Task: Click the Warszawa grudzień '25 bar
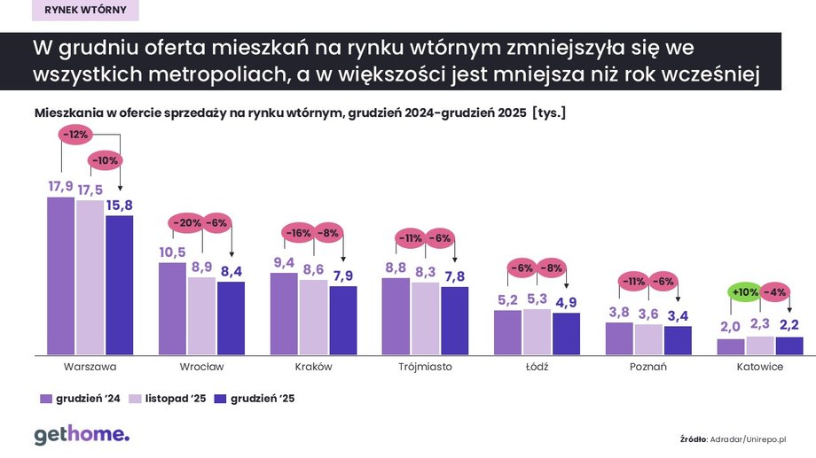click(119, 284)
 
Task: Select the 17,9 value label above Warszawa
click(60, 186)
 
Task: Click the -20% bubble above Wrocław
click(187, 223)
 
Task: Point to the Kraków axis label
click(313, 367)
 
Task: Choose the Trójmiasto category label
click(424, 367)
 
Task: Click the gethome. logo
click(81, 434)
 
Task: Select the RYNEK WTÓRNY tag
click(85, 11)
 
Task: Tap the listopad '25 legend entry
click(168, 399)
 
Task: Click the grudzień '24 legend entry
click(80, 399)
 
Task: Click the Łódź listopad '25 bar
click(537, 331)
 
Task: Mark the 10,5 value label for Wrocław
click(172, 252)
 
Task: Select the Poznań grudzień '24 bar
click(619, 338)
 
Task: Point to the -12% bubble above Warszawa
click(77, 134)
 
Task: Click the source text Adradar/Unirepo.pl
click(749, 438)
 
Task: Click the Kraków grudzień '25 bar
click(342, 320)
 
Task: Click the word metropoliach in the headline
click(208, 74)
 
